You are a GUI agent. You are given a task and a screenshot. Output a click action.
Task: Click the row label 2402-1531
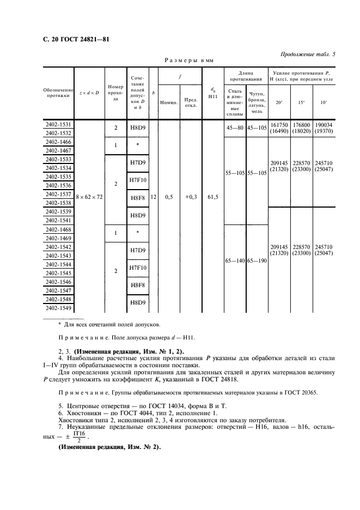(x=59, y=125)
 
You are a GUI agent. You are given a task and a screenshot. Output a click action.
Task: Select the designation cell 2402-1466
(x=59, y=142)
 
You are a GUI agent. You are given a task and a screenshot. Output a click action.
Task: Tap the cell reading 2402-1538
(x=59, y=203)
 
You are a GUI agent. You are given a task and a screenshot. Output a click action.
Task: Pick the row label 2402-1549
(x=59, y=308)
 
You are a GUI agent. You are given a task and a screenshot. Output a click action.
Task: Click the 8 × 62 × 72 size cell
(x=89, y=197)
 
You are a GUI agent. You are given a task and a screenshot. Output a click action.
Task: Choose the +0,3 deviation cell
(x=191, y=197)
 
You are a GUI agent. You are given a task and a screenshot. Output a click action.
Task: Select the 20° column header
(x=279, y=102)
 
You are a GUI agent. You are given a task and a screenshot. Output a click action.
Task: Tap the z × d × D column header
(x=89, y=92)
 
